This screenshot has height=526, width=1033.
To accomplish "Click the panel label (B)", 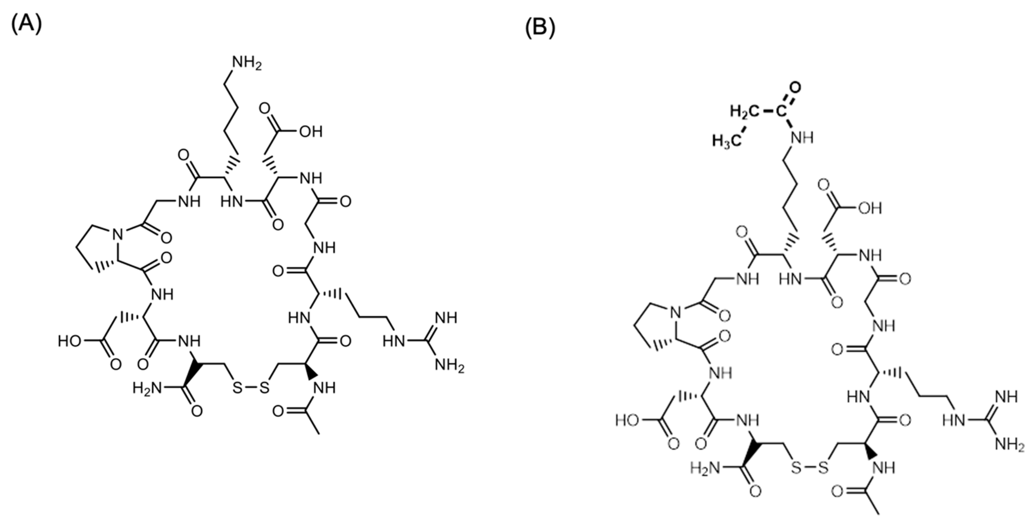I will point(540,29).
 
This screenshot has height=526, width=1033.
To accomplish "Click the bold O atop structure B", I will point(795,87).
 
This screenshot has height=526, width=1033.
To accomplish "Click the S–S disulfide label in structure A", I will point(251,388).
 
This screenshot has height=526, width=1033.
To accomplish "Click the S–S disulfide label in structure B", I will point(810,467).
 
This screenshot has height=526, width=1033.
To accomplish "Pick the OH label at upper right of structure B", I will point(870,208).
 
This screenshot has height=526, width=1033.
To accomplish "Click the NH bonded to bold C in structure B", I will point(802,138).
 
